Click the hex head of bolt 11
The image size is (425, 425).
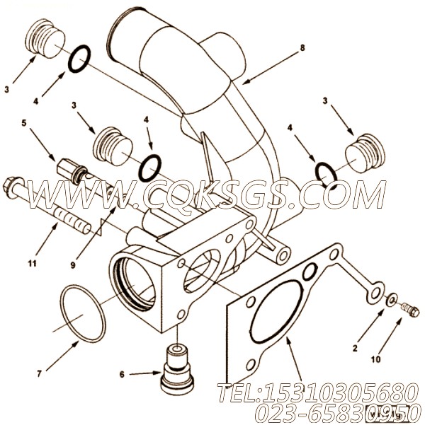[14, 187]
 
